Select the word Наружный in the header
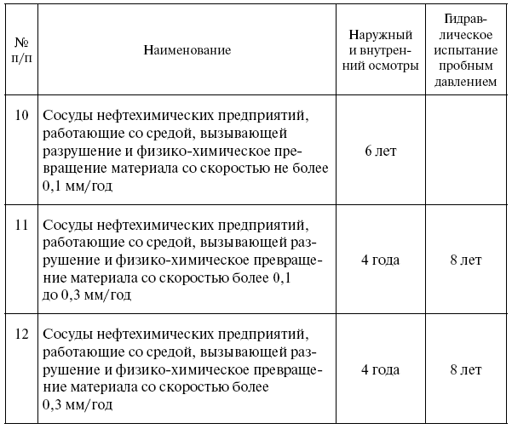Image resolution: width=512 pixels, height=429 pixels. (380, 35)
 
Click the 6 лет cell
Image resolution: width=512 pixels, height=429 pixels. (380, 152)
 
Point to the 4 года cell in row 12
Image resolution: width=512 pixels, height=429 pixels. (380, 370)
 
